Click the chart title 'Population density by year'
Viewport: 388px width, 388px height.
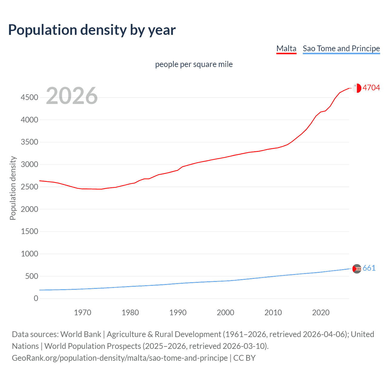[x=92, y=30]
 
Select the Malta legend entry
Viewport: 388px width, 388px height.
[x=286, y=48]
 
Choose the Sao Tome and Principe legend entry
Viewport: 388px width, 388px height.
[x=341, y=48]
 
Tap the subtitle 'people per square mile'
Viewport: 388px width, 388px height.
[x=194, y=64]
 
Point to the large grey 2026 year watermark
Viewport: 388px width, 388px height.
[x=72, y=96]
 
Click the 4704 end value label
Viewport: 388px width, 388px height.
[x=371, y=88]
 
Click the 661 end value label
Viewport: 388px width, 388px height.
[x=369, y=268]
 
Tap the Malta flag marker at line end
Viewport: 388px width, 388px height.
[x=357, y=88]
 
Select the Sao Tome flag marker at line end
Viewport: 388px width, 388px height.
[x=357, y=269]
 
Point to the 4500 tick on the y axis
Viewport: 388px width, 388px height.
[x=29, y=97]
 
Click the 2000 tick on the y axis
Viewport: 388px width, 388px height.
[x=29, y=209]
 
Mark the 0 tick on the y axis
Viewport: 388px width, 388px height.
[x=36, y=298]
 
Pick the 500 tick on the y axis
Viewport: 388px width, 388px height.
[x=32, y=276]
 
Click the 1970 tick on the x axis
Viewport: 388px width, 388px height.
[x=82, y=313]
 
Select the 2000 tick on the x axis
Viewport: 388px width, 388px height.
[x=225, y=313]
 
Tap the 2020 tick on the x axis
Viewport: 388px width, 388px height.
[x=321, y=313]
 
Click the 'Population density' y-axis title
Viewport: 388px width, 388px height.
[x=13, y=188]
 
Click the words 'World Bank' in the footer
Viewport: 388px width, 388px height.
[x=81, y=334]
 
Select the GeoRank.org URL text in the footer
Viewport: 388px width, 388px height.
[x=120, y=358]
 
